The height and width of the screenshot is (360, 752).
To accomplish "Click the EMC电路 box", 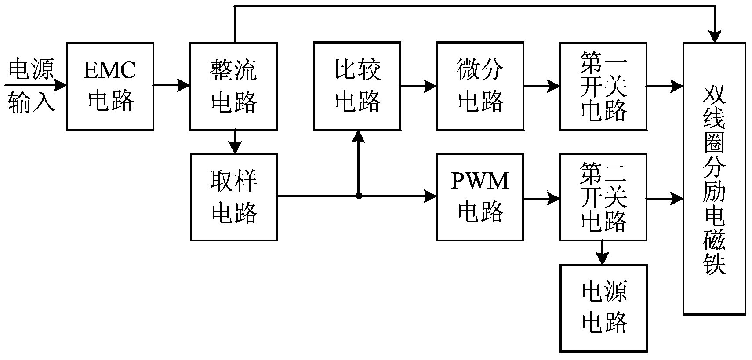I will click(x=110, y=86).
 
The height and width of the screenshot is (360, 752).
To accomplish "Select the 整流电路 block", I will click(x=233, y=86).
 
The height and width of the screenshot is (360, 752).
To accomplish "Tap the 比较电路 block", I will click(x=357, y=86).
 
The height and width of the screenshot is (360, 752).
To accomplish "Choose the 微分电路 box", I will click(x=480, y=86).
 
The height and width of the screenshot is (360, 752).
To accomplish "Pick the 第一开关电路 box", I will click(x=603, y=86).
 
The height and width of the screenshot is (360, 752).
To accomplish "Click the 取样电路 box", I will click(x=233, y=197).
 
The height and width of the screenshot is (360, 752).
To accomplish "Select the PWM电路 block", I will click(x=480, y=197).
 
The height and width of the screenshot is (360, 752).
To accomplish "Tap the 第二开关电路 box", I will click(x=603, y=197).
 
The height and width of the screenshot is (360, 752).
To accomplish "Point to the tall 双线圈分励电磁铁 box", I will click(x=714, y=178).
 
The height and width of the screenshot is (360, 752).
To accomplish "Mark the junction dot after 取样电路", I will click(x=359, y=196).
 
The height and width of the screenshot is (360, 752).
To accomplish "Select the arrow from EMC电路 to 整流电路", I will click(x=171, y=85).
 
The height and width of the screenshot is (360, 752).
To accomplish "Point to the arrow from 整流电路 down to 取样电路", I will click(x=236, y=142).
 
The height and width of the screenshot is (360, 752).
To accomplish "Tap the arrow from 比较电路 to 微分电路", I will click(x=418, y=86).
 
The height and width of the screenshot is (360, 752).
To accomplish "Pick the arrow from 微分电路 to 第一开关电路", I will click(x=541, y=86).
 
